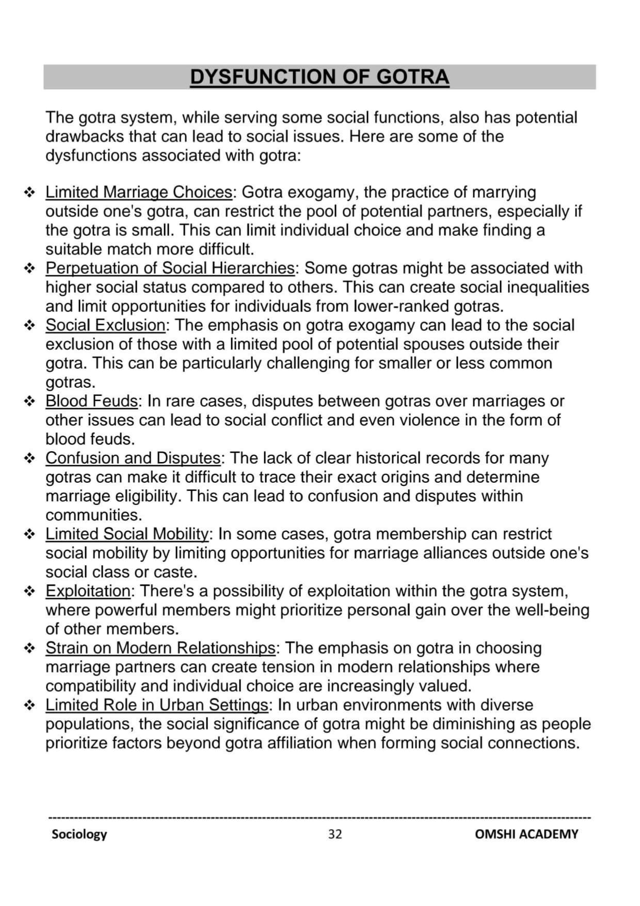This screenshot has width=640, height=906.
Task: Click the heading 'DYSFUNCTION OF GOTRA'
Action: [319, 77]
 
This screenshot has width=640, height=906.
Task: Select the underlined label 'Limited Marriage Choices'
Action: [139, 192]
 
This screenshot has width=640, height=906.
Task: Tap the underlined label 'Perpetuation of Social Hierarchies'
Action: [170, 268]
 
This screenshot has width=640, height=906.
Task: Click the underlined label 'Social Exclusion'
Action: [105, 325]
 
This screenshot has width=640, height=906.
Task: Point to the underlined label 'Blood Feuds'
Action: [91, 401]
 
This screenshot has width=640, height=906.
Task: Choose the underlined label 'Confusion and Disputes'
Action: [133, 458]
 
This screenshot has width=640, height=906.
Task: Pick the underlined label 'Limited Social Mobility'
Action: [127, 534]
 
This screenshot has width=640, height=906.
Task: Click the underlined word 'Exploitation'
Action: [88, 591]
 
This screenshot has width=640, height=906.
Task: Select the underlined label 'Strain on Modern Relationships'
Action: [160, 648]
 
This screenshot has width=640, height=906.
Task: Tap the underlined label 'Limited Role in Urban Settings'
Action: [157, 705]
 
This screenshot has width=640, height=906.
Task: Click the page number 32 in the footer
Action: [335, 834]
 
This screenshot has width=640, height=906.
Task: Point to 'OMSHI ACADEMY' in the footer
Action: [526, 834]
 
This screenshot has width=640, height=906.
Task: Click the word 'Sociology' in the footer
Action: [79, 834]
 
